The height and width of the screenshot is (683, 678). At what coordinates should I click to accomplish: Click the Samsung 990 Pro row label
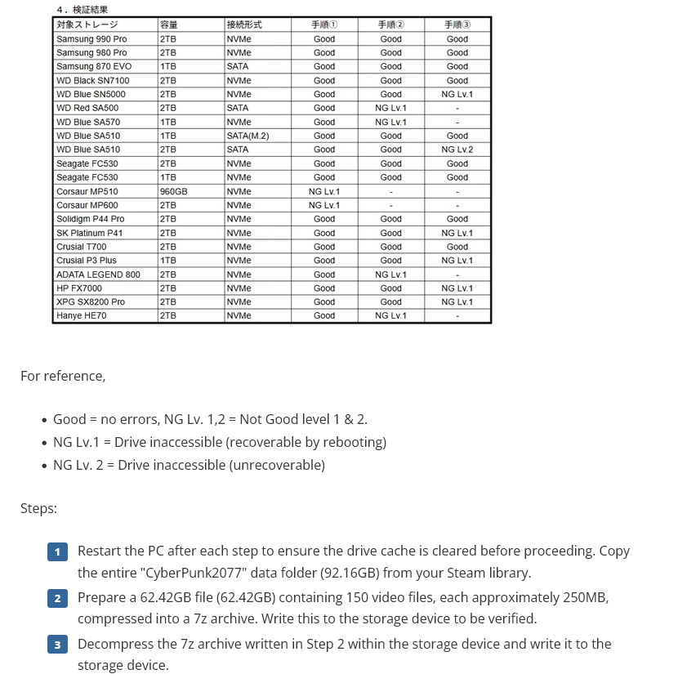click(91, 38)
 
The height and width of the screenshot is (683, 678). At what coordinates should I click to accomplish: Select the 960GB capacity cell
click(173, 191)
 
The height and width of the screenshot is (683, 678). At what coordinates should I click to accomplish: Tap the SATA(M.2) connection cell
click(248, 136)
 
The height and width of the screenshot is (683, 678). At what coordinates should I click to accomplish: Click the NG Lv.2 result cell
click(457, 150)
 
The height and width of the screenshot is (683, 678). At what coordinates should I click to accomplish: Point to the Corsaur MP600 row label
click(87, 205)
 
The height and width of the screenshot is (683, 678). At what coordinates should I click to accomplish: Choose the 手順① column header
click(324, 25)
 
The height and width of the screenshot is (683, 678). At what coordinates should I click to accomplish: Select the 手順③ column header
click(457, 25)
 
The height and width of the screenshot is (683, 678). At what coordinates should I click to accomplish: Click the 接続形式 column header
click(244, 25)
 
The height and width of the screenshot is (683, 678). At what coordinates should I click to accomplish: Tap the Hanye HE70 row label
click(83, 315)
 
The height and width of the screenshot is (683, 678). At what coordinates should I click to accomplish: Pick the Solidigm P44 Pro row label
click(90, 219)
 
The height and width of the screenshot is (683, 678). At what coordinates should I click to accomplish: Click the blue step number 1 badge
click(57, 552)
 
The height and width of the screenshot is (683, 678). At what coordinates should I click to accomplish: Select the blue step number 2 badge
click(57, 599)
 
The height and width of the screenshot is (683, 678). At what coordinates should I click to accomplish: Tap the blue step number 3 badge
click(57, 645)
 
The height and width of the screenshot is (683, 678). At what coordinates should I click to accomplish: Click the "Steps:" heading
click(38, 508)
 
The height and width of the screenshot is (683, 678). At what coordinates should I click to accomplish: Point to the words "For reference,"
click(63, 376)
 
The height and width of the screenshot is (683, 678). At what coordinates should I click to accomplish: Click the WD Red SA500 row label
click(87, 108)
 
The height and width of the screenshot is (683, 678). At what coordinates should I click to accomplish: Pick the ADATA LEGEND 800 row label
click(98, 275)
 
